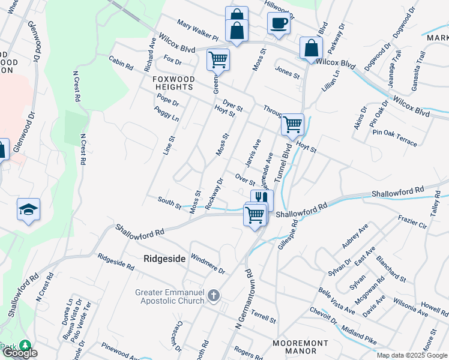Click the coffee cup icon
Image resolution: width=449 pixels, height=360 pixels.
click(x=279, y=23)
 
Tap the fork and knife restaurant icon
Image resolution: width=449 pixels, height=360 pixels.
click(x=262, y=199)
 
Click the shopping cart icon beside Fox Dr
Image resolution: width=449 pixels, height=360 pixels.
click(x=218, y=59)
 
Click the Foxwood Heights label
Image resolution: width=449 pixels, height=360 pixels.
click(x=173, y=83)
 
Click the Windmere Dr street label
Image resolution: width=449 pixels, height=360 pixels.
click(x=207, y=264)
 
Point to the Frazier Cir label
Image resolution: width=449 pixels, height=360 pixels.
click(x=412, y=223)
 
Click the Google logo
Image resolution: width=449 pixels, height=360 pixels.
click(x=20, y=353)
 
